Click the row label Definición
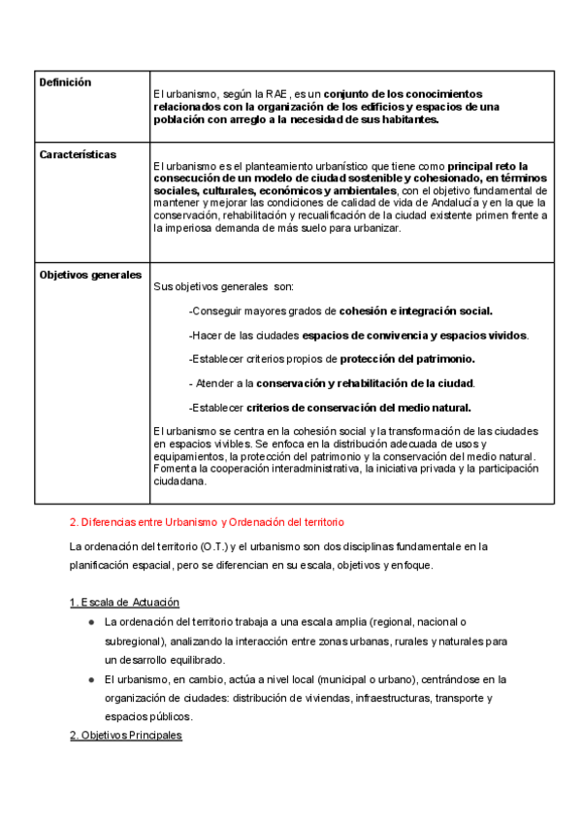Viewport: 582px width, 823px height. (65, 82)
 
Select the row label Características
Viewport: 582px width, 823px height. (78, 154)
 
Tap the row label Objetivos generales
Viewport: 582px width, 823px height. (90, 275)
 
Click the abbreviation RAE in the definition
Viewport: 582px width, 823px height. (264, 93)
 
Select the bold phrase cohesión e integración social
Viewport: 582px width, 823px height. (415, 312)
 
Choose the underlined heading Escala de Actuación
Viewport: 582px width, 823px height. (124, 603)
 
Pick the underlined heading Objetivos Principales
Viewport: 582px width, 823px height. (125, 736)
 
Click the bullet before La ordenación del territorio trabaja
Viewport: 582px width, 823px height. (89, 621)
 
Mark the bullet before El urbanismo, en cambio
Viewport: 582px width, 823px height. (89, 679)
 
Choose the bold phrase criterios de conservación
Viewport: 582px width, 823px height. (311, 408)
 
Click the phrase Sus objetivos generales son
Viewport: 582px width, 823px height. (223, 287)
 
